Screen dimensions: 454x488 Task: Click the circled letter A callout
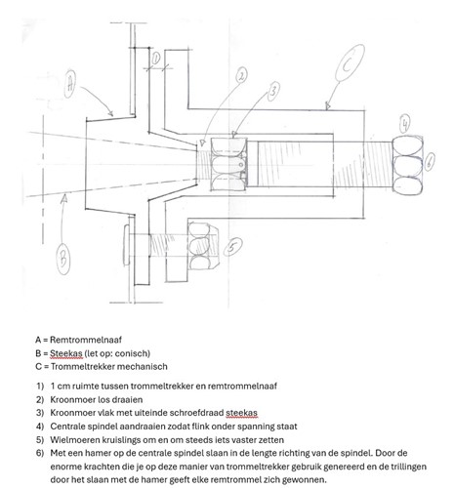click(71, 83)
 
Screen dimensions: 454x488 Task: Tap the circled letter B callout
click(62, 259)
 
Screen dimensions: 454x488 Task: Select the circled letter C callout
click(350, 63)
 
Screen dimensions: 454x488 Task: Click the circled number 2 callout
click(241, 76)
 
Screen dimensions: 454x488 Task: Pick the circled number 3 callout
click(273, 91)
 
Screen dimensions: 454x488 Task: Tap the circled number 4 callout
click(404, 124)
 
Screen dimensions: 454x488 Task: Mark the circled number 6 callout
click(430, 161)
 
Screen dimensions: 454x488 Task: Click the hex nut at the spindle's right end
click(408, 165)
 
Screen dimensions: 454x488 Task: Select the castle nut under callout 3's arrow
click(228, 164)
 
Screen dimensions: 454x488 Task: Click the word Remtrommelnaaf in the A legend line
click(86, 340)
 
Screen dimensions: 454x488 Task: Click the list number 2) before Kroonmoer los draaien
click(40, 399)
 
